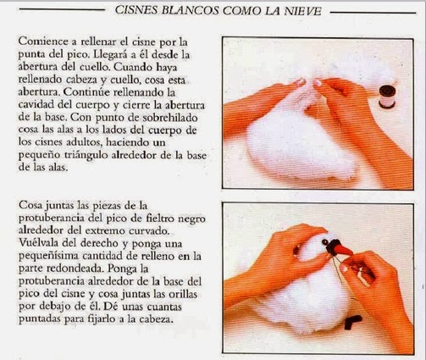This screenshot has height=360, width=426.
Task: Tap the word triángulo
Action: pyautogui.click(x=86, y=156)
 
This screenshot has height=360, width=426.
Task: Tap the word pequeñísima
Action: pyautogui.click(x=49, y=256)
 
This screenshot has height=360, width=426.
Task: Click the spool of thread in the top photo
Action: pyautogui.click(x=386, y=97)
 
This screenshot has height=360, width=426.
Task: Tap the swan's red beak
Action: pyautogui.click(x=345, y=249)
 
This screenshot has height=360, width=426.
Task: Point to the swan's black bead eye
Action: pyautogui.click(x=325, y=242)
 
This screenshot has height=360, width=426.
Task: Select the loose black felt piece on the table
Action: pyautogui.click(x=352, y=322)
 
